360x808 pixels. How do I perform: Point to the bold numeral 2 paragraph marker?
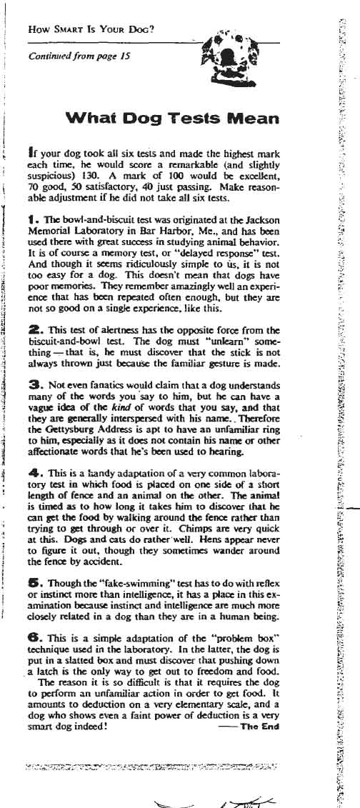pyautogui.click(x=30, y=330)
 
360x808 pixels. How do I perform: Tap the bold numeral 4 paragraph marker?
pyautogui.click(x=30, y=474)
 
